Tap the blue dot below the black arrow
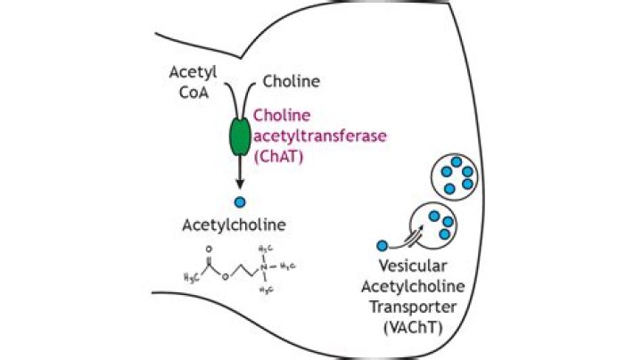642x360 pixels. pyautogui.click(x=240, y=202)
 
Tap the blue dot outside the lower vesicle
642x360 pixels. pyautogui.click(x=383, y=245)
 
